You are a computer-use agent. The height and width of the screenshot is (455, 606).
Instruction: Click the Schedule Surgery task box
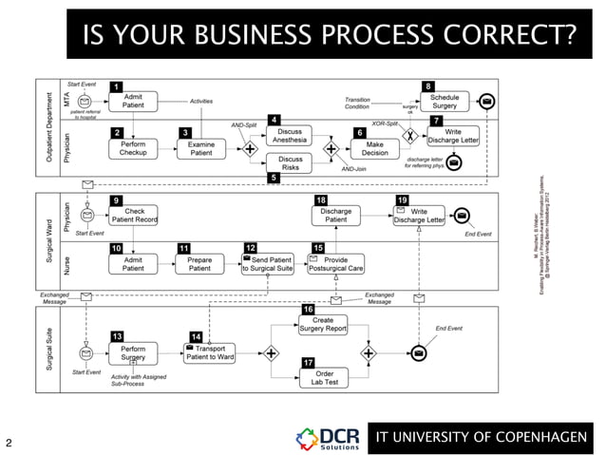pos(445,103)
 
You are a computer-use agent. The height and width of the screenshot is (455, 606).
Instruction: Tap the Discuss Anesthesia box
pos(291,136)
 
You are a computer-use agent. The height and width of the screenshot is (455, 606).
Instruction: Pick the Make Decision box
pos(374,148)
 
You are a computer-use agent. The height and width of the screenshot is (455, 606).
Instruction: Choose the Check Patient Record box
pos(133,216)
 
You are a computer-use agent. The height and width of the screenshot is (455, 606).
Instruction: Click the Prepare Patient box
pos(199,263)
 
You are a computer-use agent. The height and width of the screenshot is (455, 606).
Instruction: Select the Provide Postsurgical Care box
pos(336,263)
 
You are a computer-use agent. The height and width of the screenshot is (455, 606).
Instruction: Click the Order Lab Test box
pos(322,377)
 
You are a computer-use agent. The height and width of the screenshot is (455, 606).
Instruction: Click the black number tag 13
pos(116,336)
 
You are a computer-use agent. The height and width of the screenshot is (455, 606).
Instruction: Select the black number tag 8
pos(429,86)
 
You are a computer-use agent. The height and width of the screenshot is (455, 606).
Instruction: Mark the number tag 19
pos(403,200)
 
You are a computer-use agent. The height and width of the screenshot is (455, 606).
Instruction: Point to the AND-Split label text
pos(245,124)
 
